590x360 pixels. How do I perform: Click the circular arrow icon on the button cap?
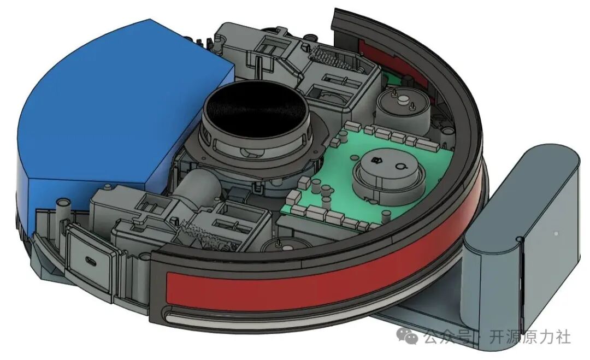tap(400, 166)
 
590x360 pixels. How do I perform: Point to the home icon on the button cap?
tap(375, 161)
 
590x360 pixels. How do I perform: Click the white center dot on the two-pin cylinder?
tap(403, 100)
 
